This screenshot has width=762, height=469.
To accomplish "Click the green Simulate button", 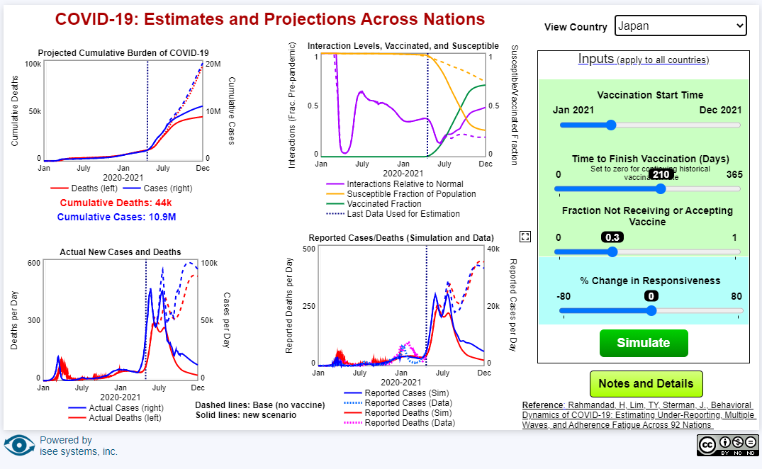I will (x=644, y=343).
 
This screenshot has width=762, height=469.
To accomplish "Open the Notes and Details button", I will (x=646, y=384).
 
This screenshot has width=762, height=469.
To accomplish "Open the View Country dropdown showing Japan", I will (x=680, y=26).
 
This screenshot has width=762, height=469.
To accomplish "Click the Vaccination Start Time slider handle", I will (x=611, y=125).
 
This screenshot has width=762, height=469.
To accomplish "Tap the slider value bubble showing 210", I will (x=661, y=175).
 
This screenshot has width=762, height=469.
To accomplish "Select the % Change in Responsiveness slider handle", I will (x=651, y=310).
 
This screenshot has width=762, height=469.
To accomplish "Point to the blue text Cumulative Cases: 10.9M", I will (x=116, y=216).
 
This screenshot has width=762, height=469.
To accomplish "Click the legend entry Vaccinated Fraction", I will (x=383, y=204).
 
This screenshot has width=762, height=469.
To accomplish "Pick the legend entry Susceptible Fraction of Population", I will (x=411, y=194).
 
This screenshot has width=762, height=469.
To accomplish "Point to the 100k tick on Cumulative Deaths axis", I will (x=33, y=64).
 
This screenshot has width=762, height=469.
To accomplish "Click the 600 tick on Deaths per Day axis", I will (x=34, y=263).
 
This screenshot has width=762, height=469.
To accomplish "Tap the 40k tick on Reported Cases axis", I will (x=493, y=249).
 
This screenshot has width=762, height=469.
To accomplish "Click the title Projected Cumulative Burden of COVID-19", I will (x=123, y=52).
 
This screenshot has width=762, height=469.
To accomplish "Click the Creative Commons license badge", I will (x=727, y=444).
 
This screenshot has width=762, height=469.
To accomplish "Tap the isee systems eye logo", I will (x=19, y=446).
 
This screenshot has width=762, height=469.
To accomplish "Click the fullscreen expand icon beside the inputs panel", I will (x=525, y=237).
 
